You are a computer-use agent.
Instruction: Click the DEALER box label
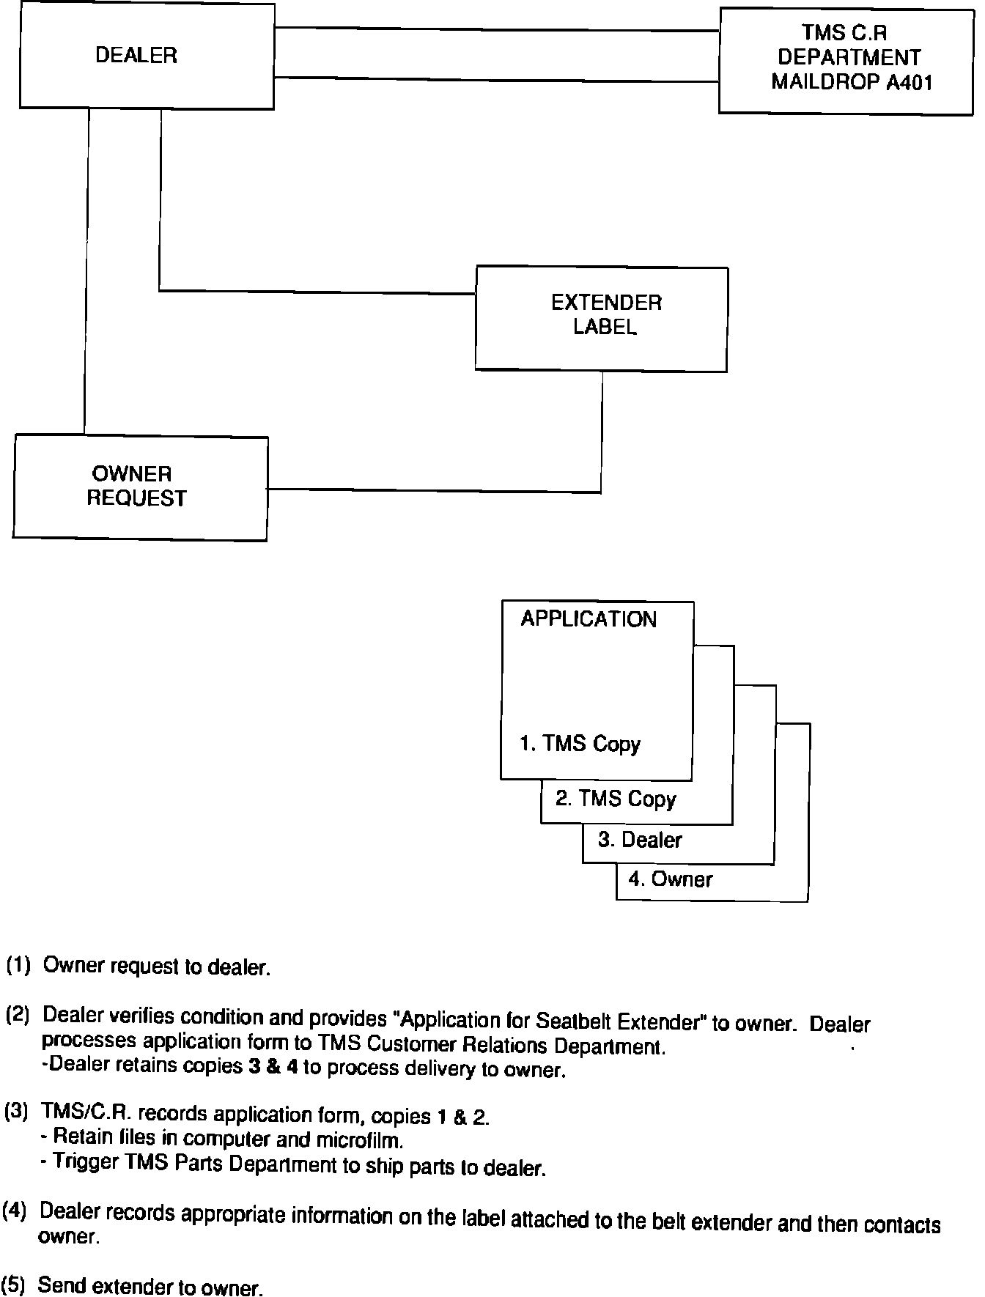coord(136,56)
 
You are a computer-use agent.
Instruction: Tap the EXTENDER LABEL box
coord(605,315)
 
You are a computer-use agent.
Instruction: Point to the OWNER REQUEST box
coord(137,487)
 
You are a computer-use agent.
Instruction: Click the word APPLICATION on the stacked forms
coord(589,620)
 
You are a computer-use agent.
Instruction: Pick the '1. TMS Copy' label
coord(580,744)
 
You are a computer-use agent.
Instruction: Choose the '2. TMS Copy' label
coord(616,799)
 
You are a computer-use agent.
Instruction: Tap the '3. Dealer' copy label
coord(639,840)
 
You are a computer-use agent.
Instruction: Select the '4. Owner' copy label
coord(670,879)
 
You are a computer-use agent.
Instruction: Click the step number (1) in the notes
coord(18,965)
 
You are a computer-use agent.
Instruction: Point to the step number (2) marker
coord(18,1016)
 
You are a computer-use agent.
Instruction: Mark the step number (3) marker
coord(16,1112)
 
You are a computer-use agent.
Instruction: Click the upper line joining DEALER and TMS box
coord(496,30)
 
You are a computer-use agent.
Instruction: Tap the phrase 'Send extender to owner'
coord(150,1287)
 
